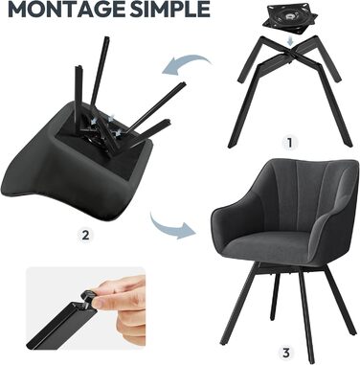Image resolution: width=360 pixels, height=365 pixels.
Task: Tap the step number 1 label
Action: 289,143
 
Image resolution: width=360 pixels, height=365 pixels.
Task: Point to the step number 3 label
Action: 286,354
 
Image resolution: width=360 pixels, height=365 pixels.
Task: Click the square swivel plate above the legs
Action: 290,18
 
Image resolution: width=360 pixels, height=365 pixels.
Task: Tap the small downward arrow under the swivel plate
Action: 290,41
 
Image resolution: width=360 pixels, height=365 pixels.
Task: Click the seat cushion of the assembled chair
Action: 266,246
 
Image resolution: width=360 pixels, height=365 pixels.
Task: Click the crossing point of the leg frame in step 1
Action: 289,54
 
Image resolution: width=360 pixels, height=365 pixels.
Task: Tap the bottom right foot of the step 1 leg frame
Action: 349,145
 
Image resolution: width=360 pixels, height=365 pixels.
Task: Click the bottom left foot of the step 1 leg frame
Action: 231,145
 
